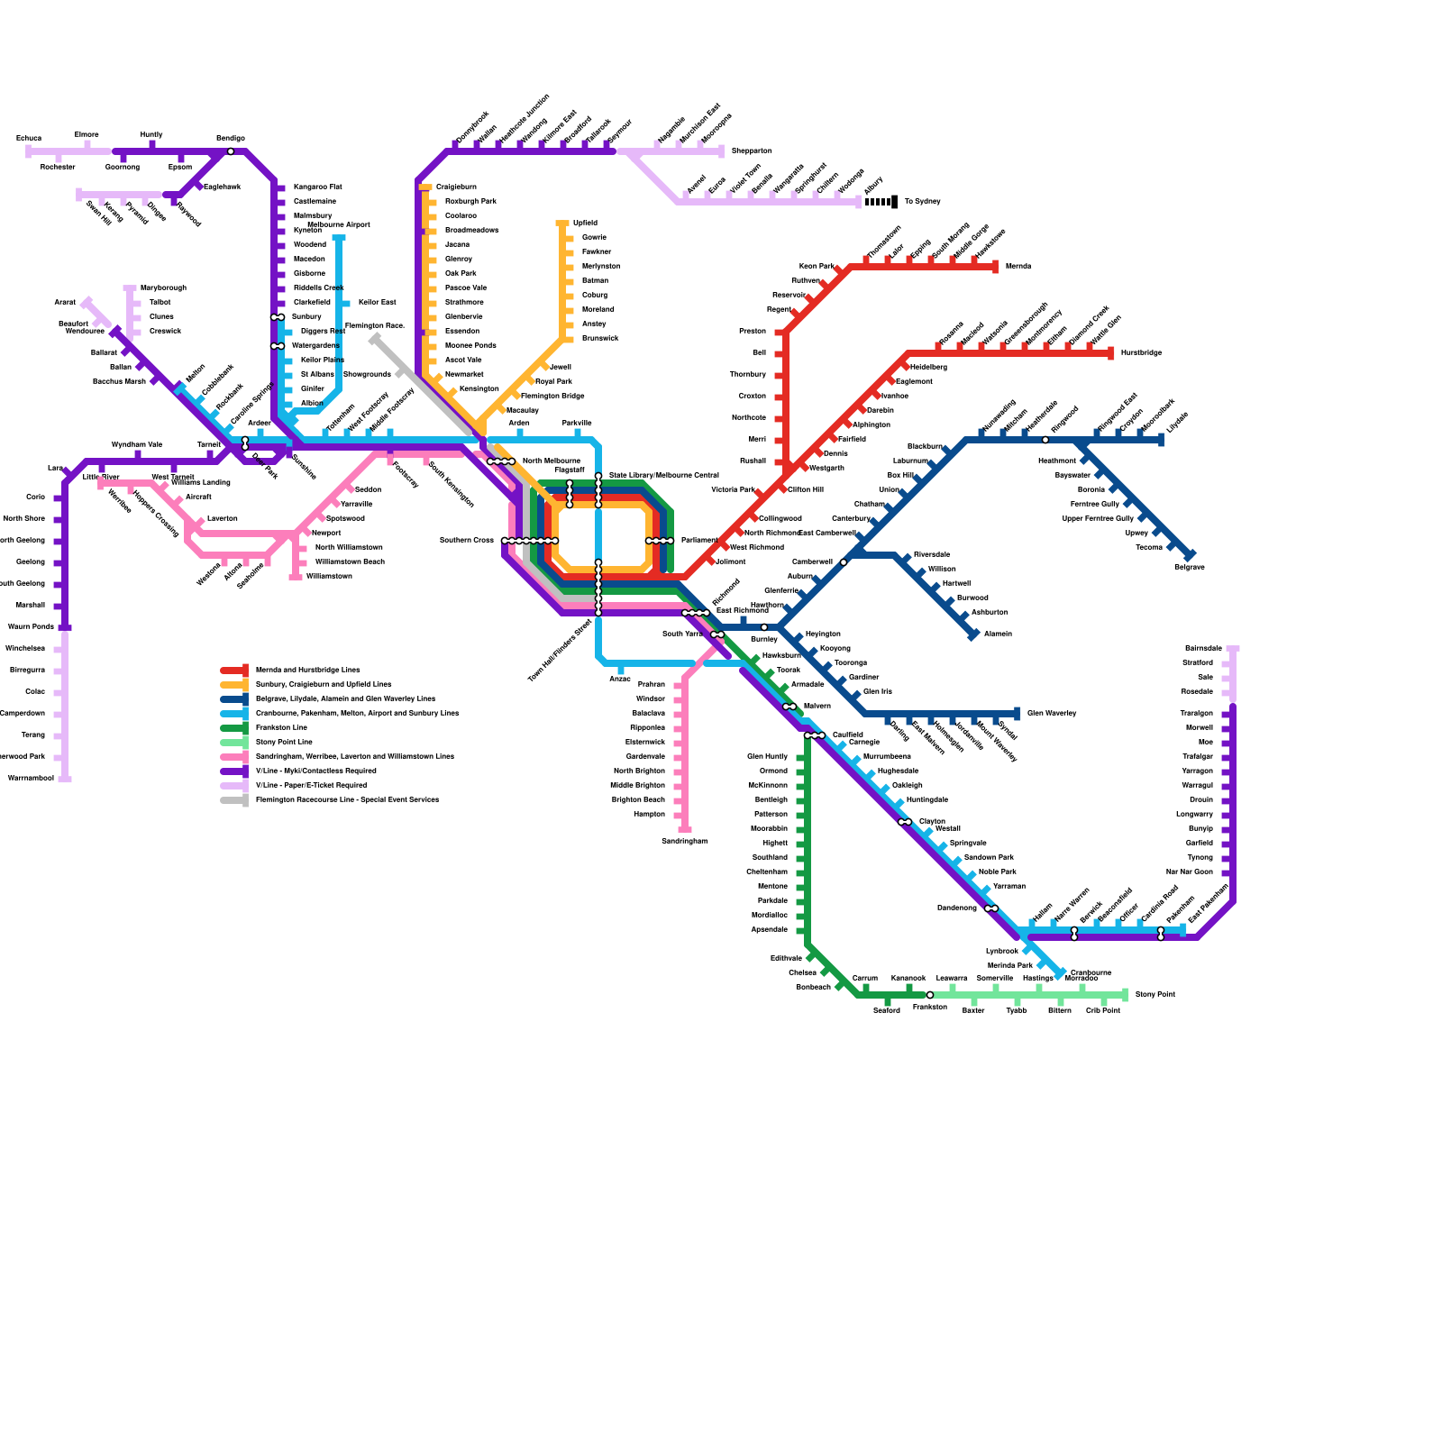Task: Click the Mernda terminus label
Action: (1018, 267)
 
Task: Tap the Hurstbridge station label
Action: (1141, 353)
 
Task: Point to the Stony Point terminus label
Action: (1155, 995)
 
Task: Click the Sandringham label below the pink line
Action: (684, 842)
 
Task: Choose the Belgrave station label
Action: (1189, 568)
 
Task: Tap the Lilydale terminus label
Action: (1178, 423)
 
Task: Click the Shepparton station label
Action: (751, 151)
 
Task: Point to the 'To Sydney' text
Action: (922, 202)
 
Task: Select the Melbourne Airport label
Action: (338, 225)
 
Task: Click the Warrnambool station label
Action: (31, 779)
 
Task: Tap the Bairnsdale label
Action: (1203, 649)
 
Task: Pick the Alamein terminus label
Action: (998, 634)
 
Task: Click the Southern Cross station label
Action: (466, 541)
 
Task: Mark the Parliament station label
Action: (699, 541)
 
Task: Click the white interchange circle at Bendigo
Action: (231, 151)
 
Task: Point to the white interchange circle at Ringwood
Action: (1045, 440)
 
